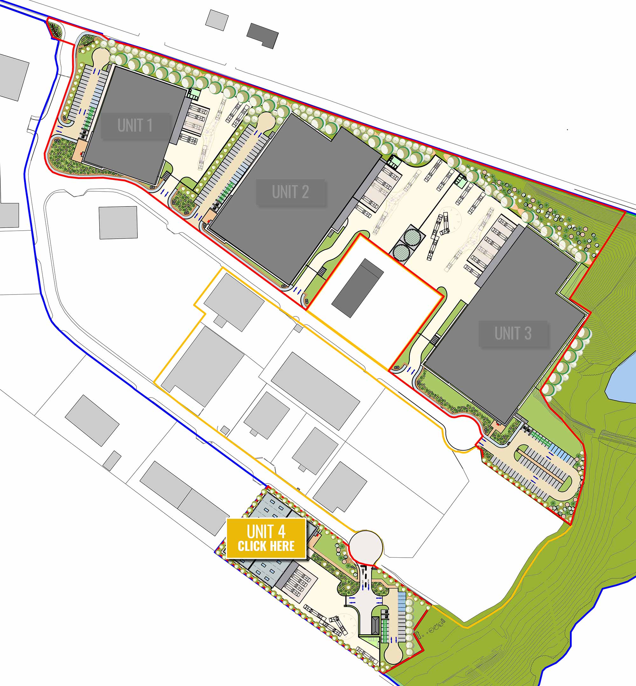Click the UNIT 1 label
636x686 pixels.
(135, 126)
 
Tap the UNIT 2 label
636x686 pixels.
(290, 192)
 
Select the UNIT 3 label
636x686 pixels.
(513, 333)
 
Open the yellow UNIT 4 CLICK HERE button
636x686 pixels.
(266, 538)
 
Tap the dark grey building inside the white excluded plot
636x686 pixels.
(357, 288)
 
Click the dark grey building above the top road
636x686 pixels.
(262, 35)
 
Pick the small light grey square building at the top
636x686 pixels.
(217, 20)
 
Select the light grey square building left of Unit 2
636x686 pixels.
(118, 222)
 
